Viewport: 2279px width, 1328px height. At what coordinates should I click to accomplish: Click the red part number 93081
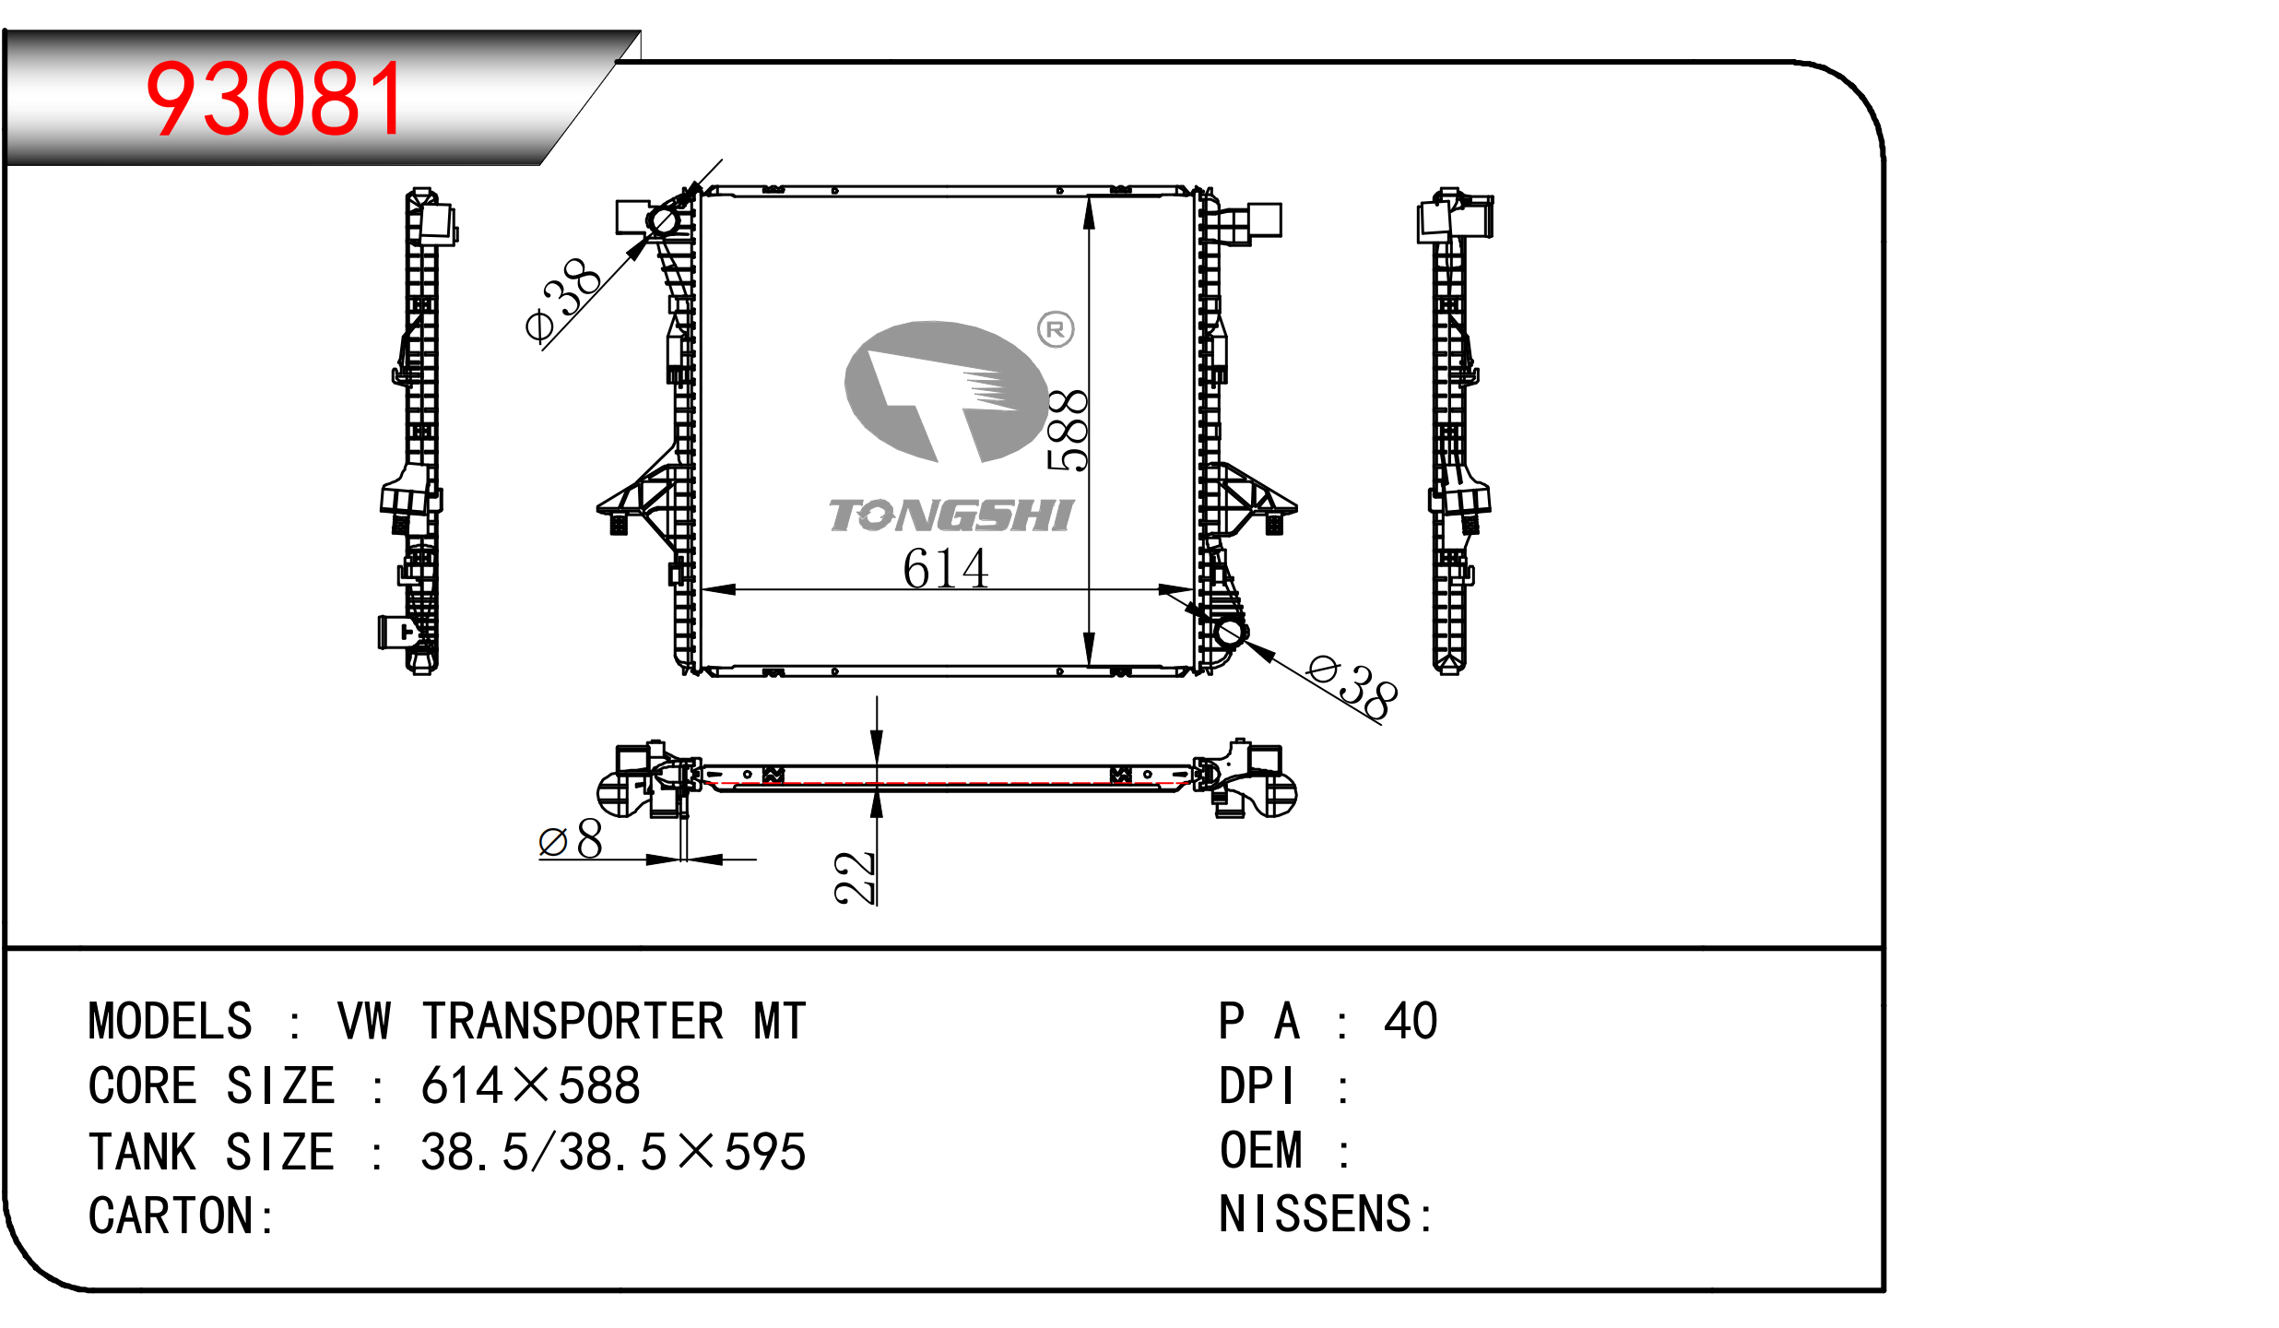275,100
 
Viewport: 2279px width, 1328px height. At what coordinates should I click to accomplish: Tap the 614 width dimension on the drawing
945,568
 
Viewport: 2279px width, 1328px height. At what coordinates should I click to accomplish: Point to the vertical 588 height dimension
1068,431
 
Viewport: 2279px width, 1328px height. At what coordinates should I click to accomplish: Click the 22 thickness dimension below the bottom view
854,877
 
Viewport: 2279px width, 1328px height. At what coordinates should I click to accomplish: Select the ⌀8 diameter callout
571,839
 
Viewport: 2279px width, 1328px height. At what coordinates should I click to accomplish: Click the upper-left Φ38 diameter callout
562,299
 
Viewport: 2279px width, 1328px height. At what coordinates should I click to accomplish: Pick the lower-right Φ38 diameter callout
1352,687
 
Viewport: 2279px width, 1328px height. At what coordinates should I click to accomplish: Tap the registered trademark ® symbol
1056,329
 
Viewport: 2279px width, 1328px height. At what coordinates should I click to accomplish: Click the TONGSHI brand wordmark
951,516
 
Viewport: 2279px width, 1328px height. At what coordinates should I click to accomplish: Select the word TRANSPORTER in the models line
573,1022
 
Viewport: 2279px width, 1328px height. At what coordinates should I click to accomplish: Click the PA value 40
1410,1022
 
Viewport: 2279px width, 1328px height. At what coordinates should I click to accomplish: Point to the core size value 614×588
530,1086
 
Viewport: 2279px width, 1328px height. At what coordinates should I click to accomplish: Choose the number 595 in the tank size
765,1153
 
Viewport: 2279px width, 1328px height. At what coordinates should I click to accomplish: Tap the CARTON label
171,1216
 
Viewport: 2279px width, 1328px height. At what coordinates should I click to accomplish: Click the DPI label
1257,1086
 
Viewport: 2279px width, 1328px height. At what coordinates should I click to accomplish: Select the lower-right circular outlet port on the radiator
1230,633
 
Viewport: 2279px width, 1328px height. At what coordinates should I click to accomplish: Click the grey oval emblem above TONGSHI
945,391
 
